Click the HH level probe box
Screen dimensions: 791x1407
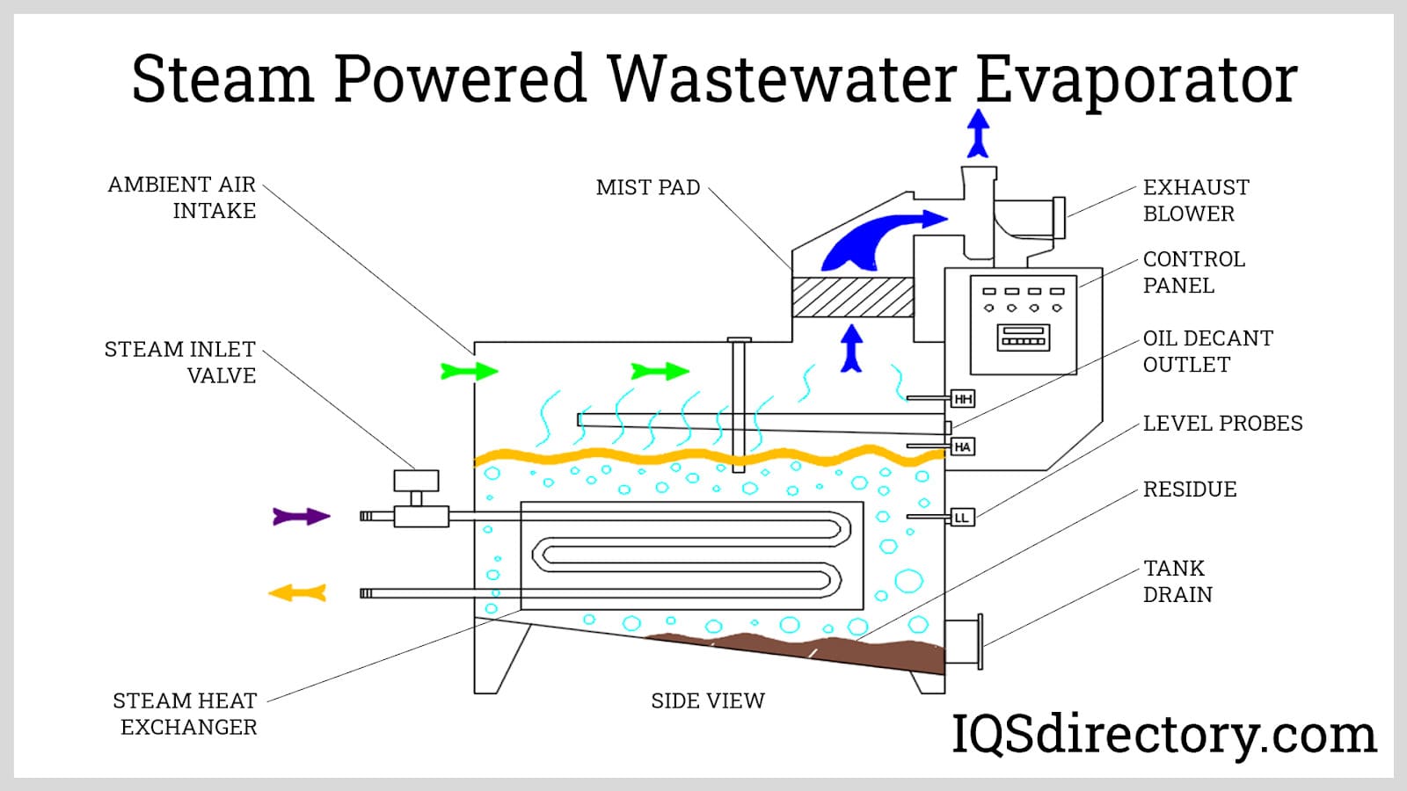tap(963, 399)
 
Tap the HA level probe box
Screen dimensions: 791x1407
tap(962, 447)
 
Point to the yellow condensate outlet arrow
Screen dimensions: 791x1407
tap(298, 594)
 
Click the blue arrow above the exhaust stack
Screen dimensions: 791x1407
tap(978, 133)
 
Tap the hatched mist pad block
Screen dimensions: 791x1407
tap(852, 297)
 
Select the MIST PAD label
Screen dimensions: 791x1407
tap(648, 188)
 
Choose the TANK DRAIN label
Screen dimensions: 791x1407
tap(1177, 581)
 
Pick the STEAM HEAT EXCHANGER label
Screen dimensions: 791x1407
tap(186, 714)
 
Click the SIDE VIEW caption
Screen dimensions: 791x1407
tap(708, 701)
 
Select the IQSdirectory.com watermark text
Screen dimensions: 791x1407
tap(1163, 735)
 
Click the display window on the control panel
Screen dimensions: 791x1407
tap(1023, 337)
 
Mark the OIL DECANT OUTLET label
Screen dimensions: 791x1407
tap(1207, 352)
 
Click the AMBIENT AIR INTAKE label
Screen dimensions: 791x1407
tap(182, 198)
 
